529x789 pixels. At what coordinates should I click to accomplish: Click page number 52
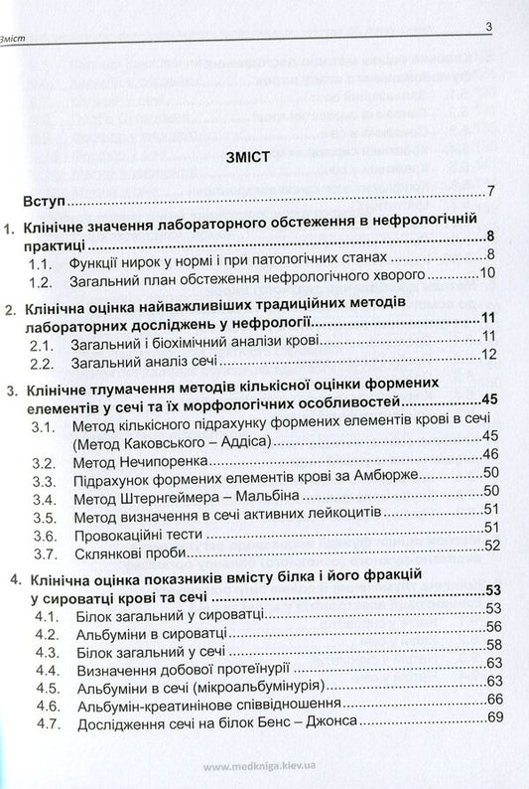click(487, 545)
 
